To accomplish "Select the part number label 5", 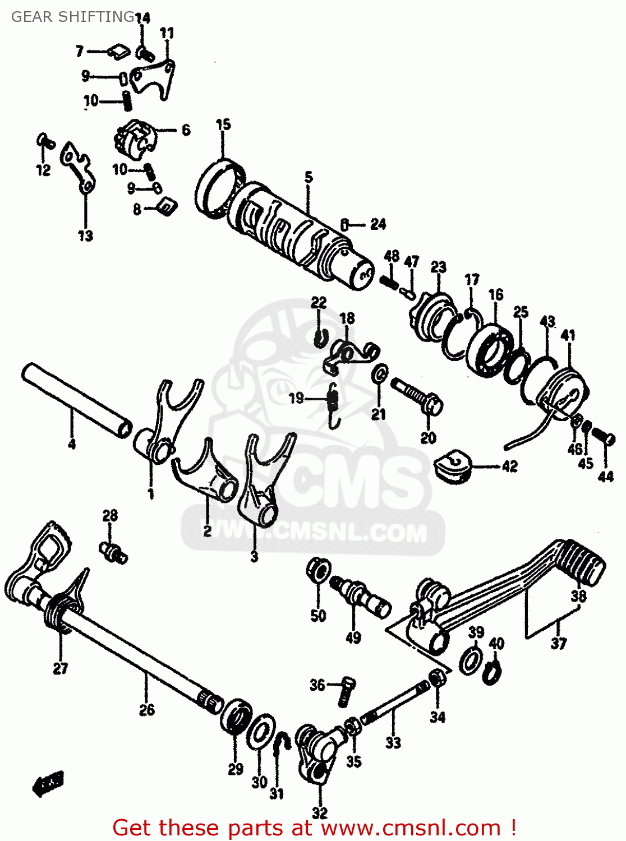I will click(x=309, y=178).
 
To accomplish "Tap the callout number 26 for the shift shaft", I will click(x=146, y=710).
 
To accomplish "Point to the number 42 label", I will click(x=509, y=466).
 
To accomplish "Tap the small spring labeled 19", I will click(x=333, y=401).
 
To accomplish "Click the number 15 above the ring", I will click(x=223, y=124).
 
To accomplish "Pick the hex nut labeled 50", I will click(x=318, y=570).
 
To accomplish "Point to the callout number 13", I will click(x=85, y=236).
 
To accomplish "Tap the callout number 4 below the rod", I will click(x=71, y=444).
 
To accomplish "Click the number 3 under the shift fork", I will click(x=254, y=557).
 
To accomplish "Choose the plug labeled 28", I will click(x=113, y=552).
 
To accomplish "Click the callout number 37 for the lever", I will click(x=558, y=643).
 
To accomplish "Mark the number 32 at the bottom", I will click(x=319, y=812).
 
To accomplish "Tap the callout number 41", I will click(x=568, y=335).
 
